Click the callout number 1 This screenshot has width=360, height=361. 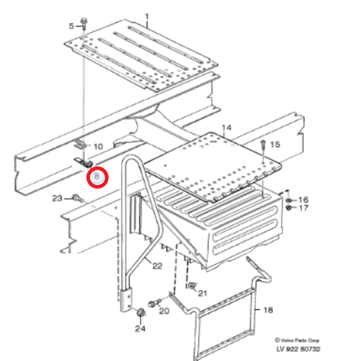click(x=147, y=17)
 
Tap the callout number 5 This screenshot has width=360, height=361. click(x=71, y=26)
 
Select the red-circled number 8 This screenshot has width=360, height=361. click(x=97, y=177)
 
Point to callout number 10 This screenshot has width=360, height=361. click(x=98, y=147)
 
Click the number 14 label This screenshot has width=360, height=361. click(x=227, y=128)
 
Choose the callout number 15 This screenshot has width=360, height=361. click(x=275, y=144)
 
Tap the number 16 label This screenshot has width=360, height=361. click(x=304, y=199)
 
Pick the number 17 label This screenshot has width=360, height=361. click(x=304, y=208)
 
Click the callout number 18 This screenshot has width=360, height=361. click(x=268, y=310)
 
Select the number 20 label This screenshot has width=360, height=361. click(x=164, y=311)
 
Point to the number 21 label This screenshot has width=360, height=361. click(x=203, y=293)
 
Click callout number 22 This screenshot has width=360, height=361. click(x=157, y=266)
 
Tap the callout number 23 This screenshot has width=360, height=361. click(x=57, y=198)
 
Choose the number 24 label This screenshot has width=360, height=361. click(x=140, y=329)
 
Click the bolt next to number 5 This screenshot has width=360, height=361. click(x=84, y=24)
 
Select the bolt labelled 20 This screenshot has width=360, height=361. click(x=155, y=303)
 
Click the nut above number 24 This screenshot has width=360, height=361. click(x=140, y=313)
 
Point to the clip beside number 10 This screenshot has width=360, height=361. click(x=80, y=145)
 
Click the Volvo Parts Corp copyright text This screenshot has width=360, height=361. click(x=297, y=341)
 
